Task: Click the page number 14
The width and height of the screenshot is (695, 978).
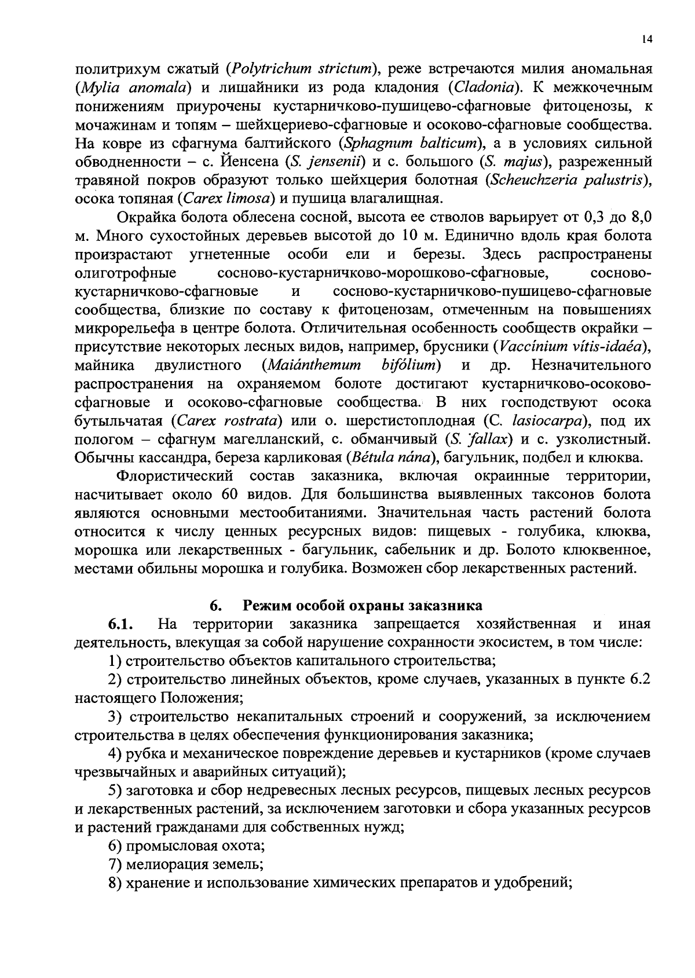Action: coord(647,39)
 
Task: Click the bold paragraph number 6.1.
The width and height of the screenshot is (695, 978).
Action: coord(121,624)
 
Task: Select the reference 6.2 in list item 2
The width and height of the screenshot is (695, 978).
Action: coord(640,679)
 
